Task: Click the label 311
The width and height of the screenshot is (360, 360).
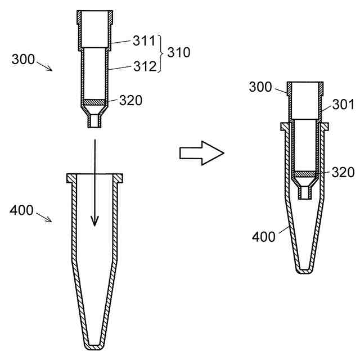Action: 144,40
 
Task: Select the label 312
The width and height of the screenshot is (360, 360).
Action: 145,66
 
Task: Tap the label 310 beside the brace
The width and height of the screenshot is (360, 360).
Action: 179,52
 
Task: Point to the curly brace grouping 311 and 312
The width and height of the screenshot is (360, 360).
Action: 161,53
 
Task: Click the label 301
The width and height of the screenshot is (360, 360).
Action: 343,105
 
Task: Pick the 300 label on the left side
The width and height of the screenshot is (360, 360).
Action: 23,59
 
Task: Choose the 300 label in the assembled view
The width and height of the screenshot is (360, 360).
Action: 260,87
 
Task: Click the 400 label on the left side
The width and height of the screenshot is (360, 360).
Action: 21,210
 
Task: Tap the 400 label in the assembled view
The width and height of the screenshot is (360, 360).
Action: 264,237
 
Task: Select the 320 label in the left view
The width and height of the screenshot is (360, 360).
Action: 130,100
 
